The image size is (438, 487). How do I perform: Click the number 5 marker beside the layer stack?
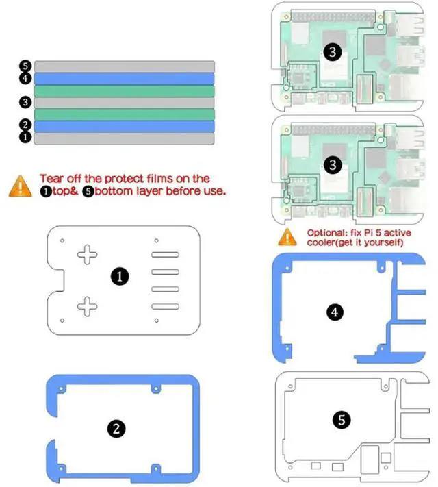pyautogui.click(x=25, y=66)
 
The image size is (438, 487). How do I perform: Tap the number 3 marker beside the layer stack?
pyautogui.click(x=25, y=102)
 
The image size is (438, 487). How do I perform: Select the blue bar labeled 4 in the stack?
pyautogui.click(x=125, y=78)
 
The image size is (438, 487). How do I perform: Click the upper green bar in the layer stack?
pyautogui.click(x=125, y=90)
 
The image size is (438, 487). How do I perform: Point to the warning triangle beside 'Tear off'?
pyautogui.click(x=20, y=186)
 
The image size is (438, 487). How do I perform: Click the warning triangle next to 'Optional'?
pyautogui.click(x=287, y=237)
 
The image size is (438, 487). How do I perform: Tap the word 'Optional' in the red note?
pyautogui.click(x=325, y=233)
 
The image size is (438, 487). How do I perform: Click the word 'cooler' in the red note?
pyautogui.click(x=321, y=242)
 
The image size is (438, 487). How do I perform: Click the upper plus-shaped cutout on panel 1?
pyautogui.click(x=88, y=255)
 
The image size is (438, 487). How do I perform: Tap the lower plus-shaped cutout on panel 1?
pyautogui.click(x=88, y=305)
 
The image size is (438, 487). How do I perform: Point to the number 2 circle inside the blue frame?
pyautogui.click(x=116, y=428)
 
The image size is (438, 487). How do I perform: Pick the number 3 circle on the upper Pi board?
pyautogui.click(x=332, y=53)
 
